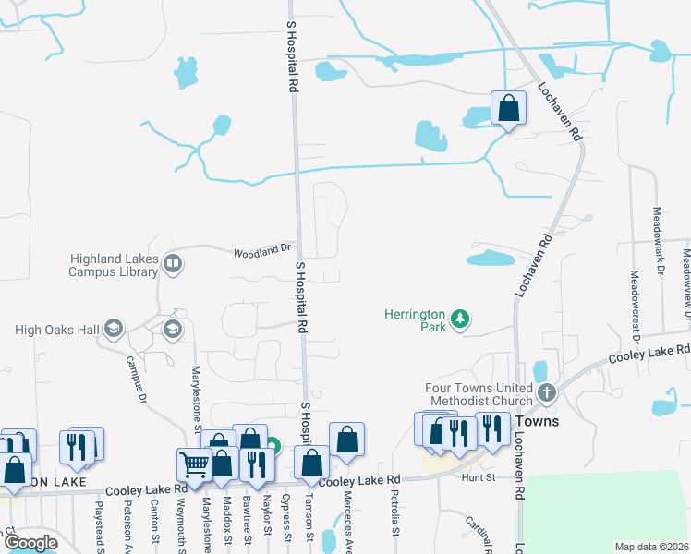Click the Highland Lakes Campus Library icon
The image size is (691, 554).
pyautogui.click(x=172, y=265)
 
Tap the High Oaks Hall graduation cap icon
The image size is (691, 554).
pyautogui.click(x=113, y=329)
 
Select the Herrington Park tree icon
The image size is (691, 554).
pyautogui.click(x=460, y=320)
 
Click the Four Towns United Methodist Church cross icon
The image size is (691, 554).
pyautogui.click(x=546, y=393)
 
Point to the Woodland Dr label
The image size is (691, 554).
pyautogui.click(x=262, y=250)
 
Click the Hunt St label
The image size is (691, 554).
pyautogui.click(x=479, y=478)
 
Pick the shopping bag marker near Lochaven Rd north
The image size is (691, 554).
pyautogui.click(x=508, y=109)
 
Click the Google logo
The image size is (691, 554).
pyautogui.click(x=30, y=543)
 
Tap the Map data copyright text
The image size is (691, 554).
pyautogui.click(x=650, y=547)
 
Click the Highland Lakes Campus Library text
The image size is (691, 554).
pyautogui.click(x=113, y=266)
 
